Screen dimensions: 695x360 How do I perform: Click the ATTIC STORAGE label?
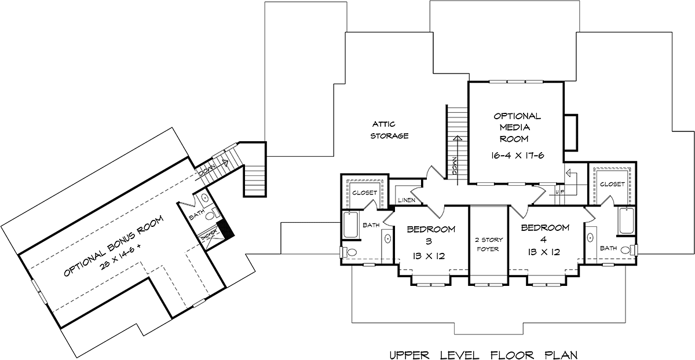point(389,130)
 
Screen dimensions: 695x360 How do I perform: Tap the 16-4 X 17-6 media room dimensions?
point(518,155)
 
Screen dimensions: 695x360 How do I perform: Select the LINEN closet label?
point(407,200)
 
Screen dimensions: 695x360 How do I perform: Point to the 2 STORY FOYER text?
point(488,244)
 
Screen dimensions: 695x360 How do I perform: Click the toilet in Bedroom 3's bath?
point(349,252)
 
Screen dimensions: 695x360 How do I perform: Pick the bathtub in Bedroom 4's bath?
point(627,221)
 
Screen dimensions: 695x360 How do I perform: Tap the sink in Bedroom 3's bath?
point(387,238)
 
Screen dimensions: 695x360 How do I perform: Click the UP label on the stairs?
point(559,192)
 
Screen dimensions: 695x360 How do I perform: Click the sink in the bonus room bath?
point(205,197)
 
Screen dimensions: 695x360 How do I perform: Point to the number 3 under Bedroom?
point(429,241)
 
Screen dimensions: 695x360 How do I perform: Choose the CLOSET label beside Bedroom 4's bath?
point(612,184)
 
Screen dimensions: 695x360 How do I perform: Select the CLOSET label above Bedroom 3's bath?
point(364,193)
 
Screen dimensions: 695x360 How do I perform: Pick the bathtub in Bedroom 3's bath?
point(351,225)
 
